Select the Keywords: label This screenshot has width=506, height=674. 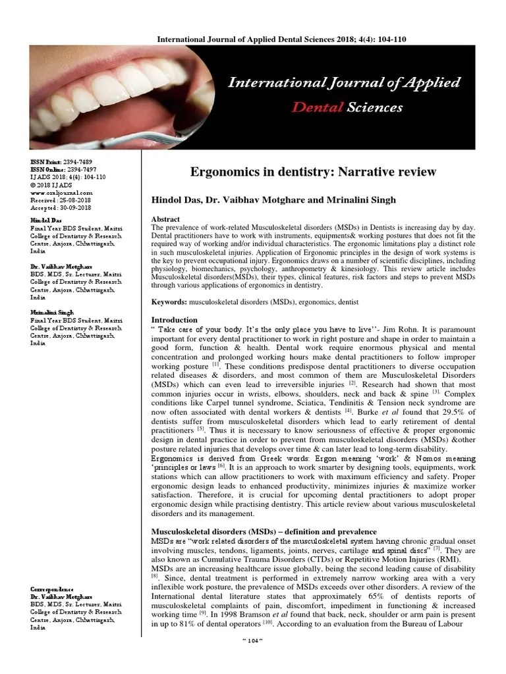coord(169,301)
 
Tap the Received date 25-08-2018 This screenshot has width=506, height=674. coord(76,199)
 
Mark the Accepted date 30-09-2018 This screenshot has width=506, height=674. coord(76,207)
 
